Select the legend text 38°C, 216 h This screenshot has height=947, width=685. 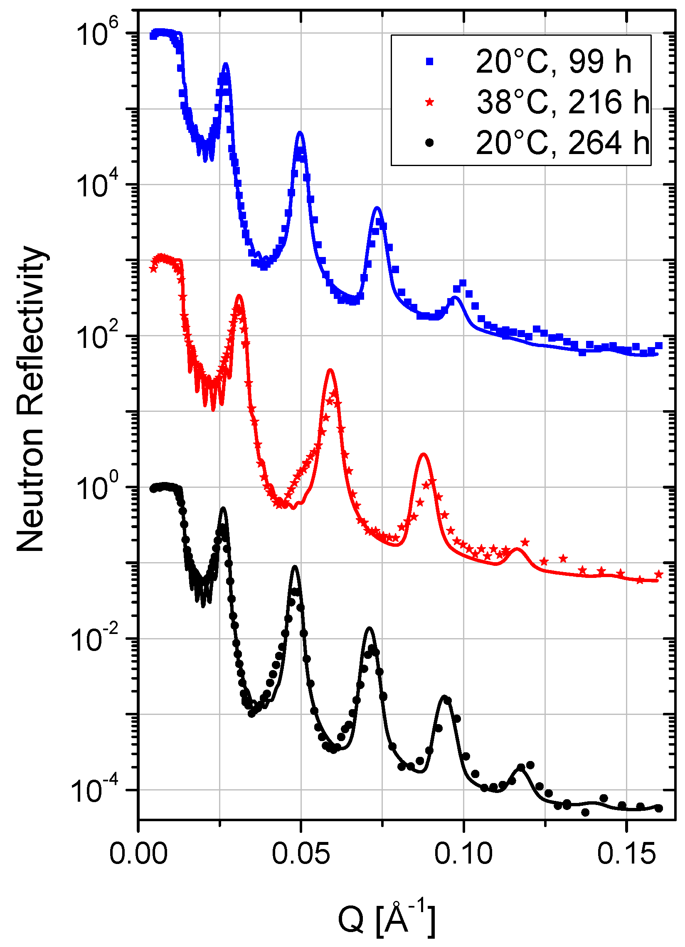562,102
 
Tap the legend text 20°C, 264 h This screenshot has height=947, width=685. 562,143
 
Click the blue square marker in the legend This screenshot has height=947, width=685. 430,62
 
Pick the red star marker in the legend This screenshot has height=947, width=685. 430,102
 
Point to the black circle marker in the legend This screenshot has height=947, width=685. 430,143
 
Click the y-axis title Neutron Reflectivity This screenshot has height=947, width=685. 31,399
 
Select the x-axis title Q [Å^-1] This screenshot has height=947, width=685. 386,919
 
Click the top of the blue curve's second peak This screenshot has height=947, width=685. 300,132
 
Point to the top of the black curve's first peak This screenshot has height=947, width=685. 223,508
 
